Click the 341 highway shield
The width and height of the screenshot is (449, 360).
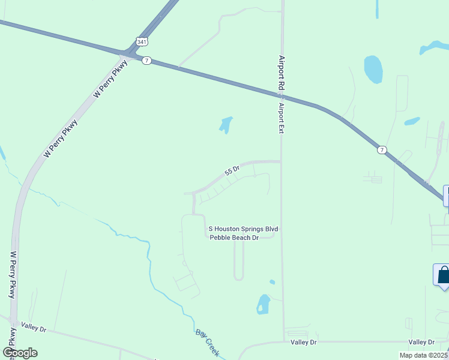pos(141,42)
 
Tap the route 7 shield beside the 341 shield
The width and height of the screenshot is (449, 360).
pos(147,61)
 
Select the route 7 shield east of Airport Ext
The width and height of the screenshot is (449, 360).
pos(382,149)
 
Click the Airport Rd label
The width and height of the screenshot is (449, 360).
pos(280,73)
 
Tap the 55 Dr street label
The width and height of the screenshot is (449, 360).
pos(232,171)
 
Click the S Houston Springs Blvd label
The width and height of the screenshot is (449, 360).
pos(243,229)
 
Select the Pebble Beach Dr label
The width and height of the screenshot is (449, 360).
pos(234,238)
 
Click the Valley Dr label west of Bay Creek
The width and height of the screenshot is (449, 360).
pos(34,328)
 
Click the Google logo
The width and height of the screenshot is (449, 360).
pos(20,353)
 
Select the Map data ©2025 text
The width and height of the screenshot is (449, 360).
pos(423,355)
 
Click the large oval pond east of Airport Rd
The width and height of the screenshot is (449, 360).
pos(373,69)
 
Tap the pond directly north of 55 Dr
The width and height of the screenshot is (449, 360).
pos(226,125)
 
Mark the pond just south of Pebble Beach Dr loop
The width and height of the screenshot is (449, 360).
pos(263,304)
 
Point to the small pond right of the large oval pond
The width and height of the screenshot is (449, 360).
pos(412,121)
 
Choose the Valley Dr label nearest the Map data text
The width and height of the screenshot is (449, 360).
pos(421,342)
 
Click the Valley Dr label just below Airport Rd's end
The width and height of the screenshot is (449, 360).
pos(304,342)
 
